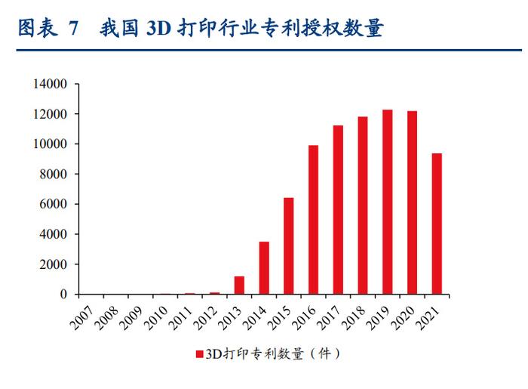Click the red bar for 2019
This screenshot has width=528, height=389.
pos(387,202)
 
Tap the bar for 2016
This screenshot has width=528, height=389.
pos(313,219)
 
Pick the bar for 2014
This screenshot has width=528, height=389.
pos(264,267)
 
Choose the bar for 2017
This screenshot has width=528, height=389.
pos(338,209)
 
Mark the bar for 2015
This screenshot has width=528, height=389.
pos(288,245)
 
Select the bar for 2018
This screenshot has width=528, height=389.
pos(363,205)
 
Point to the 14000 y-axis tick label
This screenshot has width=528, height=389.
pos(51,84)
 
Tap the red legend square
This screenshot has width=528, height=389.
pos(199,353)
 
